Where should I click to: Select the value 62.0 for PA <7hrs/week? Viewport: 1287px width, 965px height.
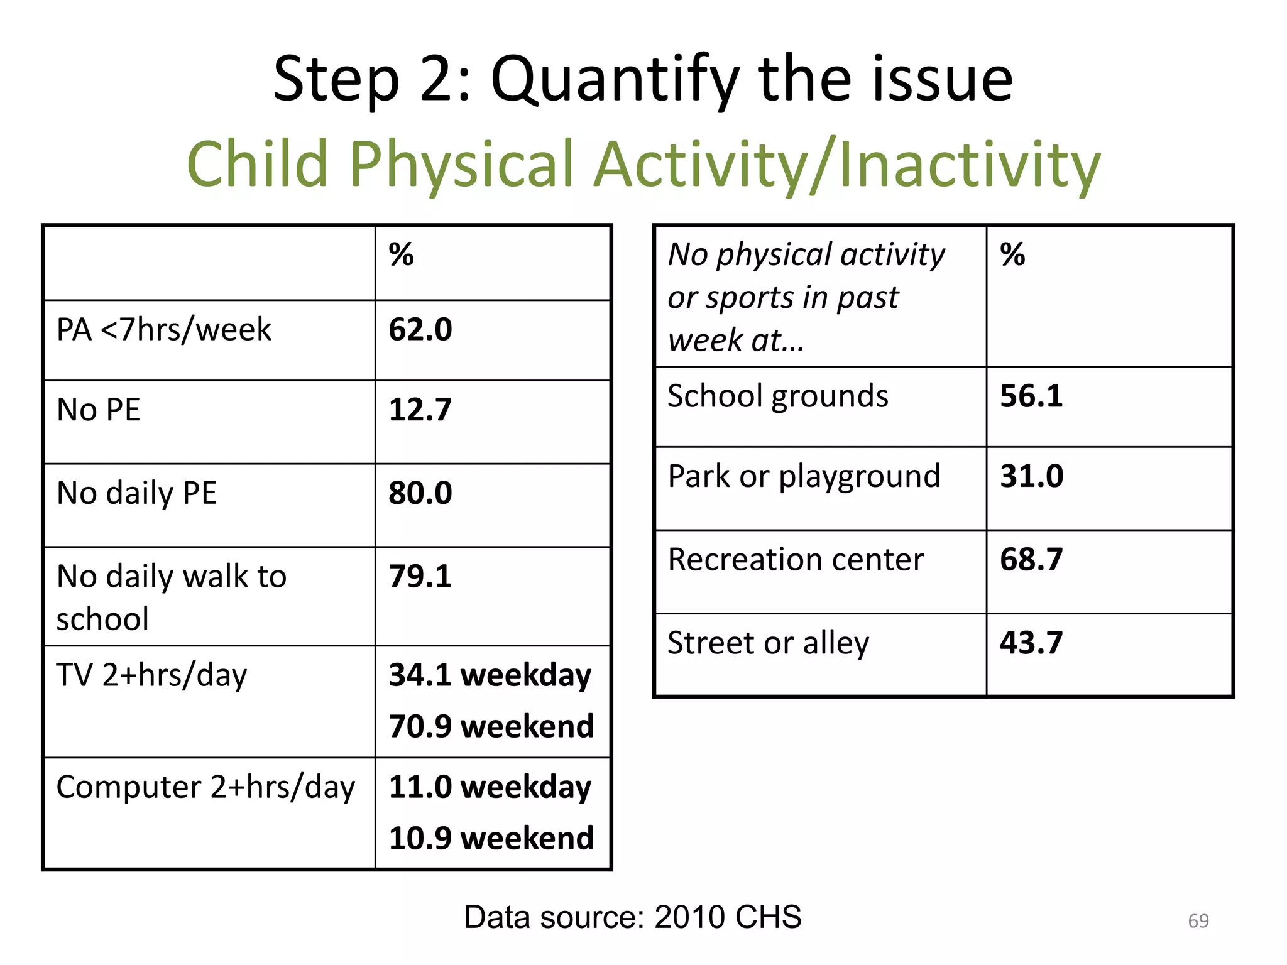click(420, 330)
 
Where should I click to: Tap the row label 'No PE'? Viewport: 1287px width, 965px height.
click(99, 410)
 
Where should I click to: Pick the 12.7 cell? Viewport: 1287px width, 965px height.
click(420, 410)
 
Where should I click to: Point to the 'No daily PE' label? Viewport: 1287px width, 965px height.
click(136, 493)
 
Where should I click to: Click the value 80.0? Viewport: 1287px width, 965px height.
click(420, 493)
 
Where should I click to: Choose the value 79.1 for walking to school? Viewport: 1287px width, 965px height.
click(420, 576)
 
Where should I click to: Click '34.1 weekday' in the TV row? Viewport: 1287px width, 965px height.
click(490, 675)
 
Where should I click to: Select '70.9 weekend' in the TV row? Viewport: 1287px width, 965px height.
click(491, 726)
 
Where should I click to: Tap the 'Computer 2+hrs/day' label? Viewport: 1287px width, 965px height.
click(205, 787)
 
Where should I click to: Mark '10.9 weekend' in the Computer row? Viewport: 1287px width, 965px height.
click(491, 838)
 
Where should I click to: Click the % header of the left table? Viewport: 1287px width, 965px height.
click(401, 254)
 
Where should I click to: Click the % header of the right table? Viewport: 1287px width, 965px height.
click(1012, 254)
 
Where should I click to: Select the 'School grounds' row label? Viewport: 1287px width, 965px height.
click(777, 396)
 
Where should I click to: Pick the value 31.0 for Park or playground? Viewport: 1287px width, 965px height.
click(1031, 476)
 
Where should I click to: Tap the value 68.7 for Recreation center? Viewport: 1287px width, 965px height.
click(1031, 559)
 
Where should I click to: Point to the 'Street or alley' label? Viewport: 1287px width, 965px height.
click(768, 643)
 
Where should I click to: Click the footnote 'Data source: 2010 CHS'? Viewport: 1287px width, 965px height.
click(632, 917)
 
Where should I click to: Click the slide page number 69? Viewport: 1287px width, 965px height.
click(1198, 921)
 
